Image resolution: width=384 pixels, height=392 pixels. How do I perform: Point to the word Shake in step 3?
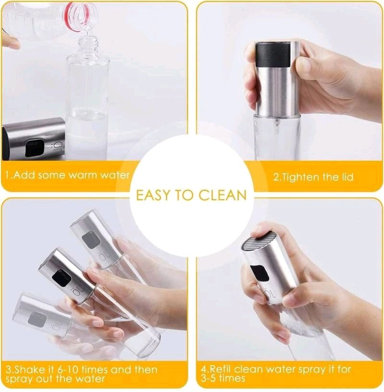tap(31, 370)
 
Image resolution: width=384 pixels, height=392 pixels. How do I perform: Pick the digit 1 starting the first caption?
tap(8, 175)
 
